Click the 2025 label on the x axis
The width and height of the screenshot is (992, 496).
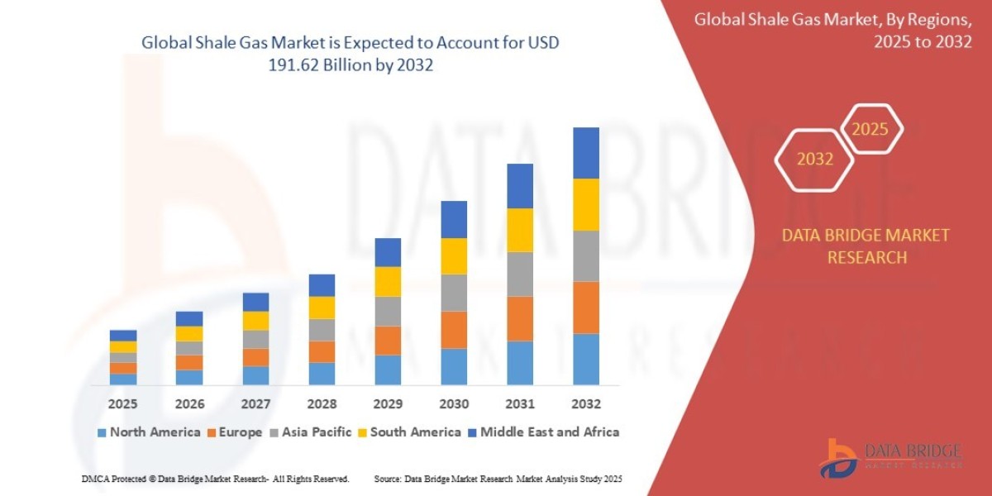point(122,404)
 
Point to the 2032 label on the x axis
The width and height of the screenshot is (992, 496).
point(585,404)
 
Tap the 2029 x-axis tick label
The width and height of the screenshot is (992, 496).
point(387,404)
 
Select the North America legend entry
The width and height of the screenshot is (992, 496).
point(148,432)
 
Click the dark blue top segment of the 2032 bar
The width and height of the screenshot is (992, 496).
point(585,153)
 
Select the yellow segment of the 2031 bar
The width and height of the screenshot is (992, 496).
point(519,230)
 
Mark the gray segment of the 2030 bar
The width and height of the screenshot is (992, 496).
point(453,293)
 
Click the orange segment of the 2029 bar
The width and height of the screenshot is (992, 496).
point(387,341)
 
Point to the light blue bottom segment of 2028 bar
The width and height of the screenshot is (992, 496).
point(322,374)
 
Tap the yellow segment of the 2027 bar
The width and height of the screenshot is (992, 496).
point(255,321)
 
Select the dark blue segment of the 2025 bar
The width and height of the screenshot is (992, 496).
point(122,336)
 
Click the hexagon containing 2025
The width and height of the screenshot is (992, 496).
point(870,129)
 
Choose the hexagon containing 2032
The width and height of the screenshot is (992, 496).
point(814,159)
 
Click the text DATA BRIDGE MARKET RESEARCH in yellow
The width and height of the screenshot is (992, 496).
point(866,246)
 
